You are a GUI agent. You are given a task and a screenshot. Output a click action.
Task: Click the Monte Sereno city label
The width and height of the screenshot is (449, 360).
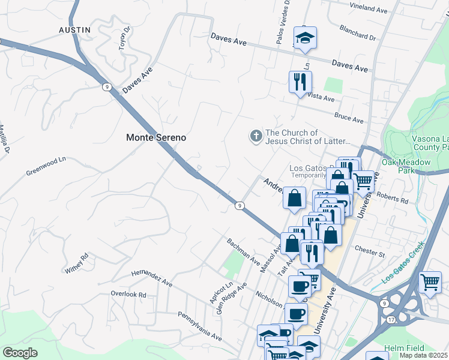[155, 137]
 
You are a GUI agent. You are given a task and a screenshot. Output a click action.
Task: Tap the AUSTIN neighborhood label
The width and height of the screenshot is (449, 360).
[74, 29]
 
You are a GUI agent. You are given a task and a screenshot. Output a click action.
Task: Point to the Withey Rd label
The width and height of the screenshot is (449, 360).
[77, 262]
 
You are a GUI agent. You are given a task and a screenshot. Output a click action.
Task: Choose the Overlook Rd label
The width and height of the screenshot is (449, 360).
[128, 295]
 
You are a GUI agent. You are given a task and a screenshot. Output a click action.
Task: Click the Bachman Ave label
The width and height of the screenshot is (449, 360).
[243, 253]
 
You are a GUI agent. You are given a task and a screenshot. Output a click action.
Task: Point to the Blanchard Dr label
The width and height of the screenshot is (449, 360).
[357, 37]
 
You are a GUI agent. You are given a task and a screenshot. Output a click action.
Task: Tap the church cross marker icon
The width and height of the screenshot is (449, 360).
[256, 137]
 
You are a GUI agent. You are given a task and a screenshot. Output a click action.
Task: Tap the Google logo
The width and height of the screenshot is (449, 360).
[20, 352]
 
